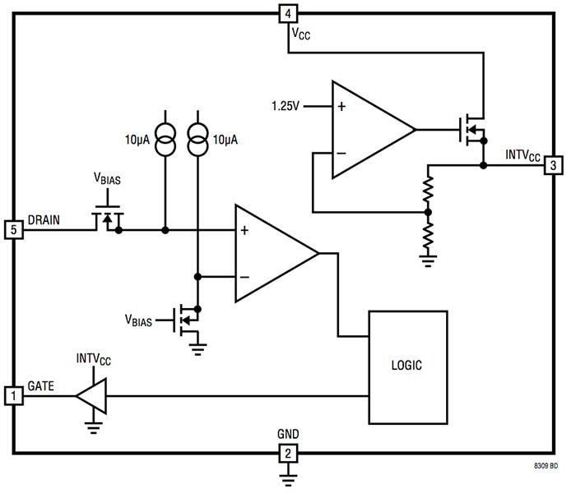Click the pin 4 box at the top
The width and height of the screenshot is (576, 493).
point(287,14)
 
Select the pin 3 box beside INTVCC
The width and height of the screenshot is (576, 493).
point(553,165)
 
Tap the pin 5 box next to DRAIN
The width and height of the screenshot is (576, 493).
point(13,229)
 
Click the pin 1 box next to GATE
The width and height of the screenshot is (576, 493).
point(13,396)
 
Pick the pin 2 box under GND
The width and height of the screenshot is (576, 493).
point(287,454)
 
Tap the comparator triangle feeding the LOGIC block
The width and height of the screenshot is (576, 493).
point(272,253)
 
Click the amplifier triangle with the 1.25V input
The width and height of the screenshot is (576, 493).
point(370,129)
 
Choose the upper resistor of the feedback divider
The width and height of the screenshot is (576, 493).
point(428,190)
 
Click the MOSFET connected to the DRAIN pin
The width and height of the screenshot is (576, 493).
point(107,219)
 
